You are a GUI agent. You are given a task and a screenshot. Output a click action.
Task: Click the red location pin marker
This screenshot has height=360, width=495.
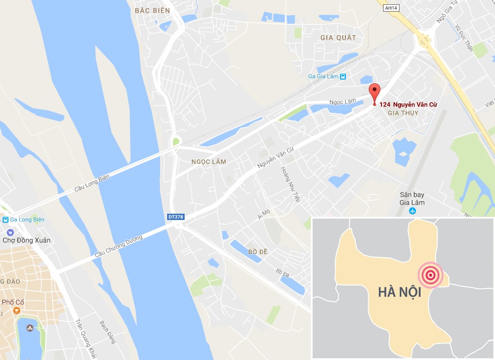[x=375, y=92]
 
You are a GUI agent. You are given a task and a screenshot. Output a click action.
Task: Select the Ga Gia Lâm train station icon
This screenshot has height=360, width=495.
[x=343, y=76]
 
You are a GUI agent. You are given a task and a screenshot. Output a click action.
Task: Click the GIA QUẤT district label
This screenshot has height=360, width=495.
[x=338, y=38]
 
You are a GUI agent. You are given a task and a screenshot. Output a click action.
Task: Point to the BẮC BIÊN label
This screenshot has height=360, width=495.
[x=152, y=11]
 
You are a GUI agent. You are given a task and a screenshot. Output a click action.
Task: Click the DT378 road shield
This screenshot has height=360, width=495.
[x=176, y=217]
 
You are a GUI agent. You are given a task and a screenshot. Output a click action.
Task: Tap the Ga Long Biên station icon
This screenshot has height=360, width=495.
[x=5, y=219]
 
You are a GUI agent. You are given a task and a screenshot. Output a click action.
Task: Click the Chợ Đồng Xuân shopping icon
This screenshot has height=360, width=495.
[x=10, y=232]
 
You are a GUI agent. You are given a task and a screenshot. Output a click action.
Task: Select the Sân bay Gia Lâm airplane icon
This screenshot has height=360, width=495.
[x=413, y=211]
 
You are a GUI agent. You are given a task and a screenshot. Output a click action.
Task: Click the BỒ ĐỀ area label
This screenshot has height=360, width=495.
[x=257, y=251]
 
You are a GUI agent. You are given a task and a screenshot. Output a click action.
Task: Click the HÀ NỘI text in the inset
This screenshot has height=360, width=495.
[x=400, y=292]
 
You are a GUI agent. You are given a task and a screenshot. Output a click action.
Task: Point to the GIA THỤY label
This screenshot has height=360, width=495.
[x=403, y=113]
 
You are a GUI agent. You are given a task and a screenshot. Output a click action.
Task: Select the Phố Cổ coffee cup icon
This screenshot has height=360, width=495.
[x=17, y=311]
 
